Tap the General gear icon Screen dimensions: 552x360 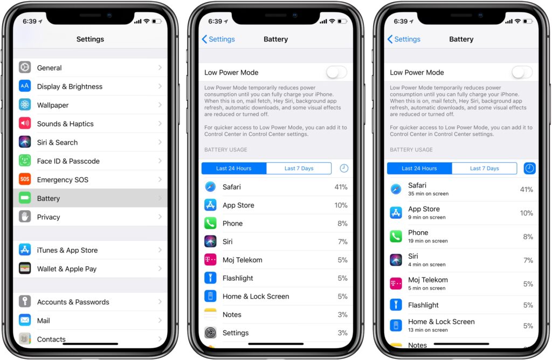coord(25,67)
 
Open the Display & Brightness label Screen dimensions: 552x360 coord(70,87)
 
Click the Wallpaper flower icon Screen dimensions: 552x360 coord(25,105)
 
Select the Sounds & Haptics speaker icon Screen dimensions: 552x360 coord(25,123)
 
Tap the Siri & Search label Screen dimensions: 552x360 coord(57,142)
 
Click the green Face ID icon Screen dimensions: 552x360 coord(25,161)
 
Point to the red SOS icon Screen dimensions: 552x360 coord(25,179)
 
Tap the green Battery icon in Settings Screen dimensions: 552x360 coord(25,198)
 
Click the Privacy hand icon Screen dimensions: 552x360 coord(25,217)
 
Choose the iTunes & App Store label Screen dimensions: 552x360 coord(67,250)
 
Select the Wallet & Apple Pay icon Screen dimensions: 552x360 coord(25,268)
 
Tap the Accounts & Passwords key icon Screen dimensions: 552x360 coord(25,301)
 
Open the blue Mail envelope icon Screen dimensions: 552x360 coord(25,320)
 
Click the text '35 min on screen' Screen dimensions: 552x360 coord(428,193)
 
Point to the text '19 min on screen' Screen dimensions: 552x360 coord(427,241)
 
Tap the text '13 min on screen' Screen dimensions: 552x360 coord(427,330)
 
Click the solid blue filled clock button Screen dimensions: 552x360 coord(529,168)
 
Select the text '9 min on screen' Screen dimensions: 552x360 coord(427,217)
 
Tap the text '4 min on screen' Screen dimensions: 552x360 coord(427,264)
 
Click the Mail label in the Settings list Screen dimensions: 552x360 coord(43,321)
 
